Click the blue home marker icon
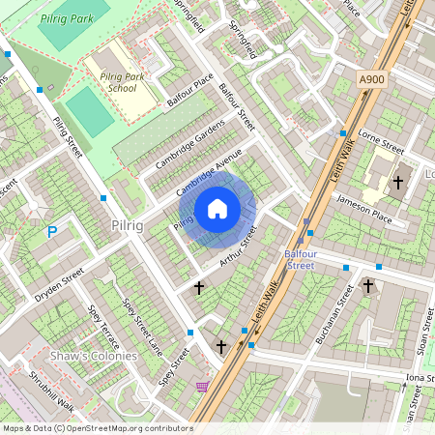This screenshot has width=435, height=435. tap(217, 209)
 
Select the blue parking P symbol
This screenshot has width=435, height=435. tap(52, 231)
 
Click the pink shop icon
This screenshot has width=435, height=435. tap(202, 387)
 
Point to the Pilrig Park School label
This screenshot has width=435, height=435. tap(122, 79)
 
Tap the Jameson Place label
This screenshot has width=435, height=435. tap(363, 208)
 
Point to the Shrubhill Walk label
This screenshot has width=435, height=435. tap(51, 389)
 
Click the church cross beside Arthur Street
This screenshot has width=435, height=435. tap(199, 287)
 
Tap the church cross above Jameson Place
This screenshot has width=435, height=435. tap(397, 182)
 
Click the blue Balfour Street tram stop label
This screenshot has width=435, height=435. tap(301, 258)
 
